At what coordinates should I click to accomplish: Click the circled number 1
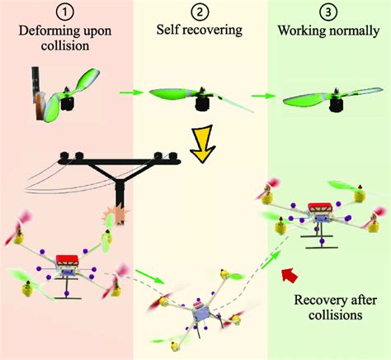coord(65,13)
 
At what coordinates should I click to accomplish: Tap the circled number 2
coord(200,12)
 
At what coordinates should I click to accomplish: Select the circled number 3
coord(328,12)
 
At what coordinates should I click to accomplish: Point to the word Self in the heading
coord(167,29)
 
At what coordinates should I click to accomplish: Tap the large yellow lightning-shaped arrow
coord(203,144)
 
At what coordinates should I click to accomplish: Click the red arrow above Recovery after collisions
coord(290,274)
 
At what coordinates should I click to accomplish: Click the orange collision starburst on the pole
coord(115,215)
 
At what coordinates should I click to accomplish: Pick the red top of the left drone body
coord(68,259)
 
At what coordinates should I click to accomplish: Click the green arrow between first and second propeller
coord(131,92)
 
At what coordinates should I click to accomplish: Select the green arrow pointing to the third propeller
coord(263,96)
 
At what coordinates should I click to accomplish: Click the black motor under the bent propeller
coord(67,104)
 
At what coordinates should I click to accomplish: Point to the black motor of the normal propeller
coord(336,105)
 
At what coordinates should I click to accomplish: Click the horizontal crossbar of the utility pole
coord(120,162)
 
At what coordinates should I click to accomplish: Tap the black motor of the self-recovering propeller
coord(202,104)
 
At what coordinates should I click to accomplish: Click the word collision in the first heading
coord(65,45)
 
